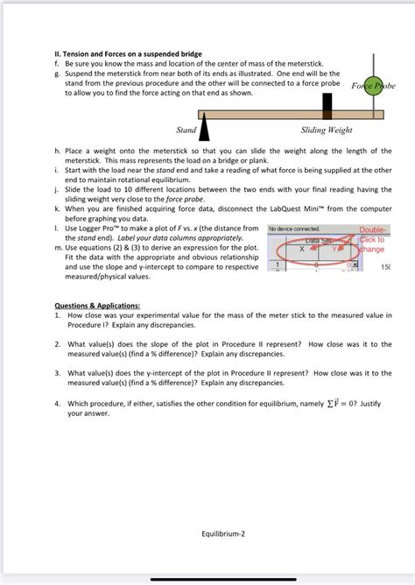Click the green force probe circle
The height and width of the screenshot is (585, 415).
(x=374, y=85)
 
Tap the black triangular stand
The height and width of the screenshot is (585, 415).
(x=204, y=127)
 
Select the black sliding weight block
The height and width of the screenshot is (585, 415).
(x=327, y=106)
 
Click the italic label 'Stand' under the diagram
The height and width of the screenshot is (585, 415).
(x=186, y=130)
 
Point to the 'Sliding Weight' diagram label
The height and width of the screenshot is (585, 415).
(x=327, y=130)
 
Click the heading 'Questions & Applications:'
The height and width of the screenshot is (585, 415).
(x=97, y=306)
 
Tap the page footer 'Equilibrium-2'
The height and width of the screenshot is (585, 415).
(x=223, y=533)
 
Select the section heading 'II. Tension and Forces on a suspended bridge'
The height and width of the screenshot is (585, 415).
(x=129, y=53)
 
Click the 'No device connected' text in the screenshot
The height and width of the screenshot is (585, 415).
(x=294, y=229)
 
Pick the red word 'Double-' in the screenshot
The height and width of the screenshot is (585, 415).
(x=374, y=229)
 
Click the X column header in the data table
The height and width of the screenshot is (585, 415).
(x=302, y=249)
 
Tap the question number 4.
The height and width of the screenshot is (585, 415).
(x=57, y=404)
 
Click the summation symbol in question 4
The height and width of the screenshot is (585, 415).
(x=329, y=404)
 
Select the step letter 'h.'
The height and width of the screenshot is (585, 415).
(x=58, y=151)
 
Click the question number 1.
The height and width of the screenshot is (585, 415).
(x=57, y=315)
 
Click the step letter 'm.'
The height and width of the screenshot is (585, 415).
(x=59, y=248)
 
